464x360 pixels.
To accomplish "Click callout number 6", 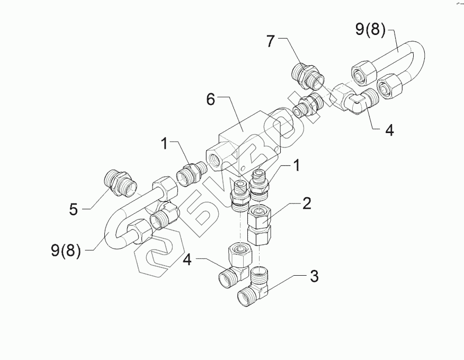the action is pyautogui.click(x=211, y=99).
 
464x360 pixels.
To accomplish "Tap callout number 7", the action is pyautogui.click(x=271, y=41).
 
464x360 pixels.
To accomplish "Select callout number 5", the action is pyautogui.click(x=74, y=209).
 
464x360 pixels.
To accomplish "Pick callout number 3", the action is pyautogui.click(x=314, y=276).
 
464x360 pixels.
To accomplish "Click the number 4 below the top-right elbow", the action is pyautogui.click(x=389, y=130).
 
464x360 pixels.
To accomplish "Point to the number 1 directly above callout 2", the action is pyautogui.click(x=297, y=166).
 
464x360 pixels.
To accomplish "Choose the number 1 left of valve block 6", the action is pyautogui.click(x=165, y=143).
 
